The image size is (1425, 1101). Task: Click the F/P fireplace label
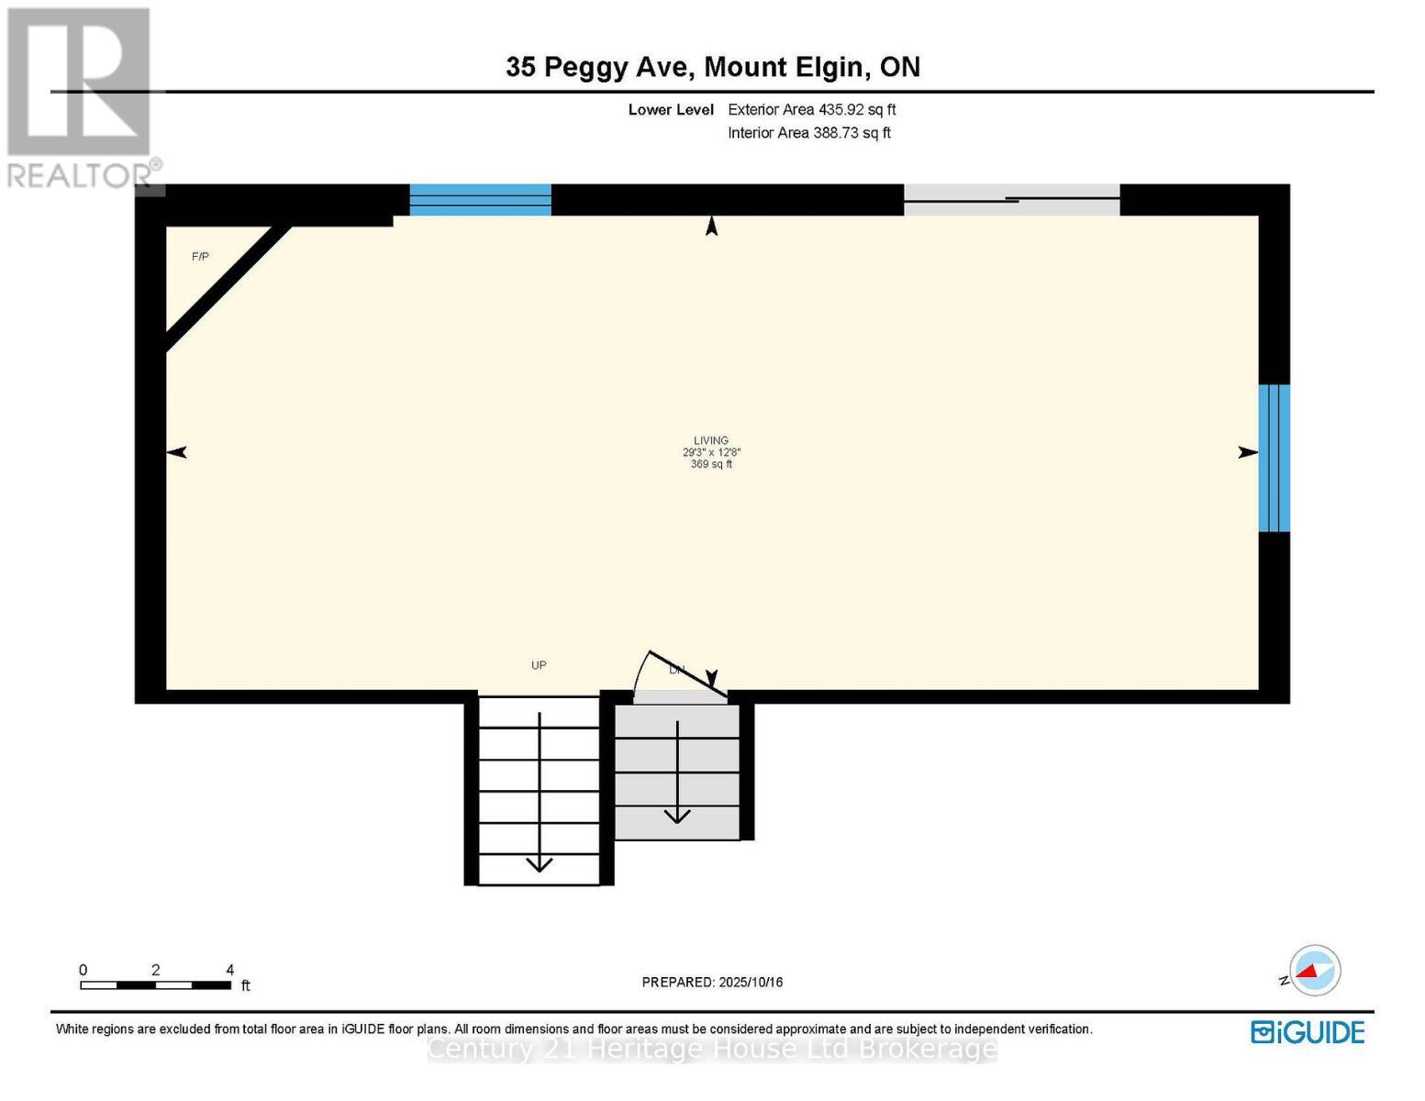click(200, 257)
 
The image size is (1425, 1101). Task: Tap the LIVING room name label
click(711, 440)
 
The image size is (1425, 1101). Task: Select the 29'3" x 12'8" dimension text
click(711, 452)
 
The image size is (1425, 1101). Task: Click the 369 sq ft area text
click(711, 464)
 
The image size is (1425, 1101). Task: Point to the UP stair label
click(539, 665)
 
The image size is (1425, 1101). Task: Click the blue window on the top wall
click(480, 199)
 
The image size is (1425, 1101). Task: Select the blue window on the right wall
click(1274, 458)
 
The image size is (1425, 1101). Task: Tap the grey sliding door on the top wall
click(1011, 199)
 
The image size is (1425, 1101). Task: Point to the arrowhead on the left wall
click(176, 451)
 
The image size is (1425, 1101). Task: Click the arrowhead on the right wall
click(1248, 451)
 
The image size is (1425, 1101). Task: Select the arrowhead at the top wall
click(711, 226)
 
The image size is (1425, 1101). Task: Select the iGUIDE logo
click(1308, 1032)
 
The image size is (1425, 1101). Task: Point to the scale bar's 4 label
click(230, 970)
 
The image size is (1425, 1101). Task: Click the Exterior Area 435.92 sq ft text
click(811, 109)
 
